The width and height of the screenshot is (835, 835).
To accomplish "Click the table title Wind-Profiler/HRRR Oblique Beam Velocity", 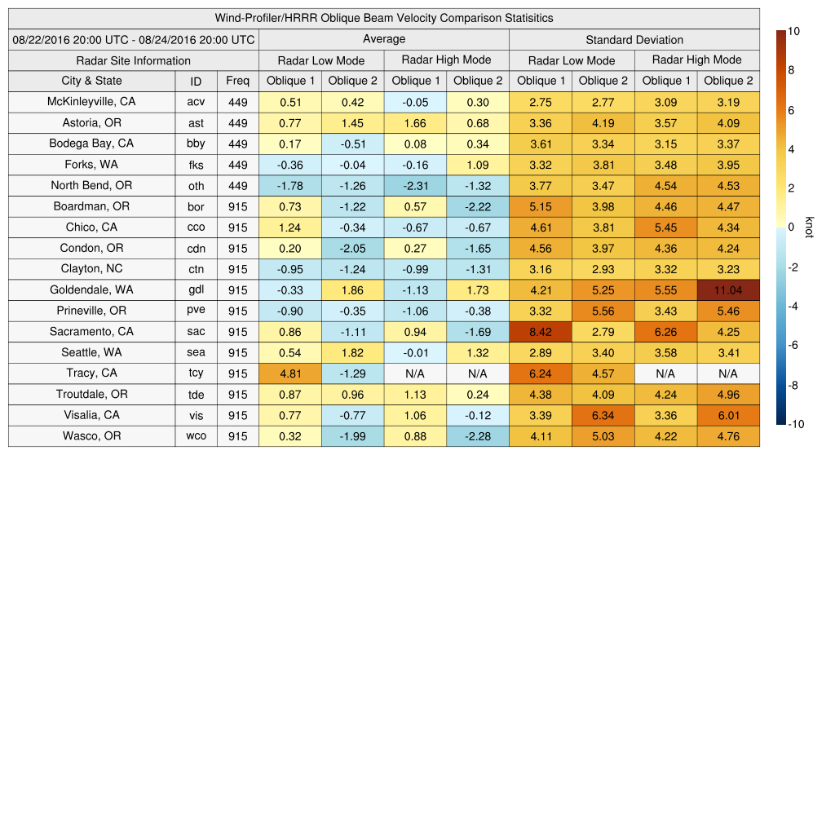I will pos(384,18).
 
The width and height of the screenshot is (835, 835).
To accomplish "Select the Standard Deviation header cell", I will pos(634,39).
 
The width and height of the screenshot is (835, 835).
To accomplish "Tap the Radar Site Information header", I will pos(133,60).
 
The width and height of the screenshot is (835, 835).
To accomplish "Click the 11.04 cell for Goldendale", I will pos(728,290).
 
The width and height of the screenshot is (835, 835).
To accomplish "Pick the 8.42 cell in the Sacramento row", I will pos(540,332).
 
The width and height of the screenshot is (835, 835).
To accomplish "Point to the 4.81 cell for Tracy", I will pos(289,373).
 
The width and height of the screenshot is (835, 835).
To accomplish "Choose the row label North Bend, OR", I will pos(91,185).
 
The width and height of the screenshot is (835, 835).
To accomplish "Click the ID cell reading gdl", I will pos(196,290).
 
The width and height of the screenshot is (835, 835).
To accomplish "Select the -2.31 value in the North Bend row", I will pos(415,186).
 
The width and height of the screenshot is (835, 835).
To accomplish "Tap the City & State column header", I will pos(91,81).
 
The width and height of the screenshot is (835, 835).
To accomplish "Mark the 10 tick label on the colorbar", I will pos(793,31).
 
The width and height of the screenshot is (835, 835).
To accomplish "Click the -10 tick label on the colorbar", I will pos(797,424).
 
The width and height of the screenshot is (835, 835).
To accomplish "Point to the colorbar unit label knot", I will pos(810,228).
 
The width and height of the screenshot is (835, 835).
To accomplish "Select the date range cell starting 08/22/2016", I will pos(133,39).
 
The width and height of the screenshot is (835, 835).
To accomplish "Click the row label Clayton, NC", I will pos(91,269).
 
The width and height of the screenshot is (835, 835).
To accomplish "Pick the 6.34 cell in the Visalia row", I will pos(603,415).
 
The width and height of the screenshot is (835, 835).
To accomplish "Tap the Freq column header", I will pos(237,81).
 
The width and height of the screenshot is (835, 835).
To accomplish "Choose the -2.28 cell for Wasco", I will pos(477,436).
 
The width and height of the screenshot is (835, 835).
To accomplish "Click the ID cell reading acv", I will pos(196,102).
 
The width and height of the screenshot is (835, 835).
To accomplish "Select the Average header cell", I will pos(383,39).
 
